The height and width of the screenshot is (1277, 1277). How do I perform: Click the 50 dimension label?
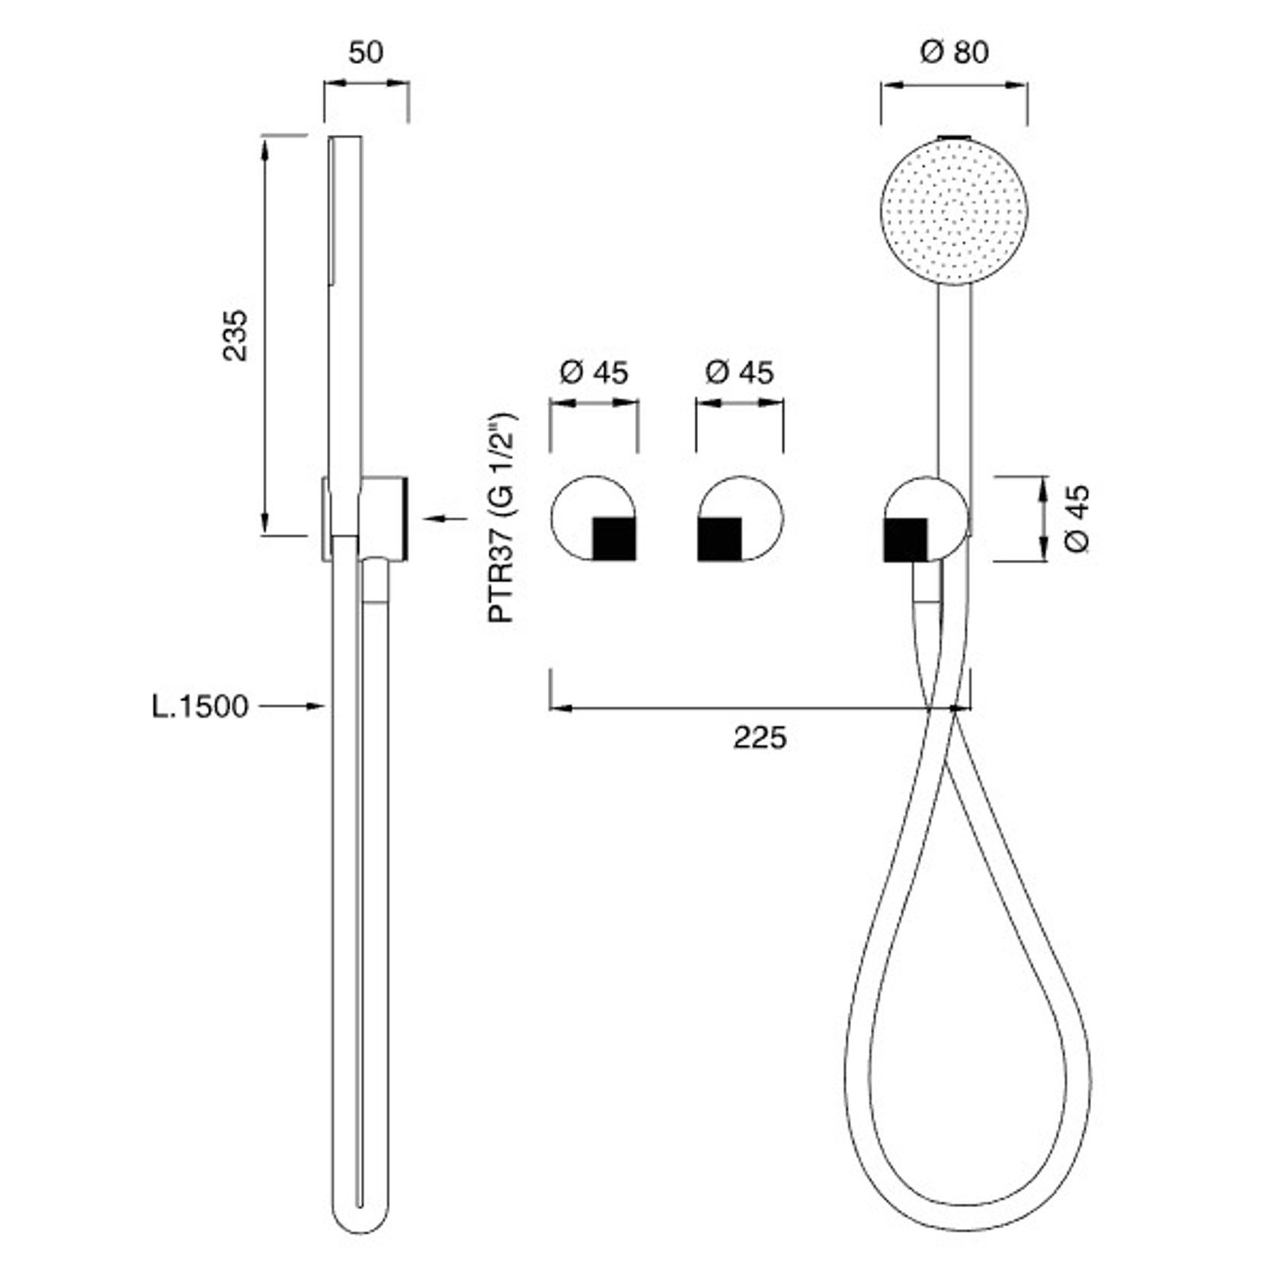pos(366,53)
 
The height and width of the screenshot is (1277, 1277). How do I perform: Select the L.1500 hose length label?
pos(200,706)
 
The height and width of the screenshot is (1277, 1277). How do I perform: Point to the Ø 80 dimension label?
pos(954,52)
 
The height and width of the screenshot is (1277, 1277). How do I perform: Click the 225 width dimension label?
pos(760,738)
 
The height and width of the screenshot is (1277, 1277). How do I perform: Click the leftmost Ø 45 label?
pos(594,373)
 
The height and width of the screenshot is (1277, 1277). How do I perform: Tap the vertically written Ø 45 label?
pos(1077,518)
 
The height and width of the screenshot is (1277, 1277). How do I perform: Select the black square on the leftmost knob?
pos(613,538)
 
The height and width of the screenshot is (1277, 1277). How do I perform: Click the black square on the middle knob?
pos(719,538)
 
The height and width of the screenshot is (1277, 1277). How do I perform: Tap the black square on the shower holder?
pos(905,539)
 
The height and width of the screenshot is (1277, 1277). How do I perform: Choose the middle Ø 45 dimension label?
pos(739,373)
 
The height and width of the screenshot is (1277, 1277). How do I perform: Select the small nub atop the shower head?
pos(954,137)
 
